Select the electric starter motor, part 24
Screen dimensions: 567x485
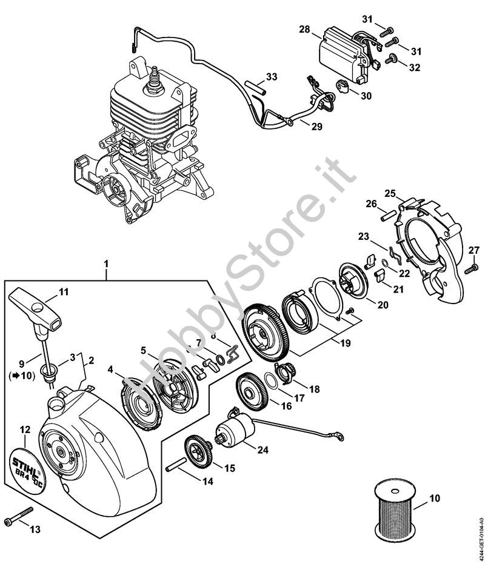236,431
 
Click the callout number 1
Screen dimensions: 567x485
106,264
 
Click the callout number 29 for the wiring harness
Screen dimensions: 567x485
316,127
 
